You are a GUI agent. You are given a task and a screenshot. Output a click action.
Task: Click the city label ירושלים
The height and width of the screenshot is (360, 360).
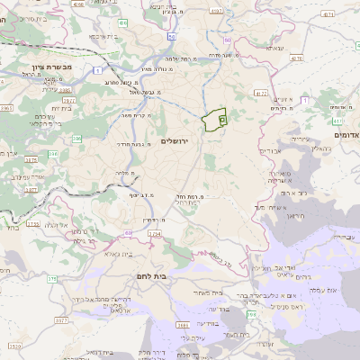[177, 141]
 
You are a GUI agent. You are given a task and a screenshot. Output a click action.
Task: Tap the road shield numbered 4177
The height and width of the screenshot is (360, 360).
[261, 93]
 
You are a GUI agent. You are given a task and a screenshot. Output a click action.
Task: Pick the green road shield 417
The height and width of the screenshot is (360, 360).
[338, 119]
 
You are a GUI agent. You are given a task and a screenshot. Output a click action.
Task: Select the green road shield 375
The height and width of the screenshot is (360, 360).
[52, 280]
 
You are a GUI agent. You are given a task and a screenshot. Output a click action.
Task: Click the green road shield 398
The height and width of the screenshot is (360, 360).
[251, 314]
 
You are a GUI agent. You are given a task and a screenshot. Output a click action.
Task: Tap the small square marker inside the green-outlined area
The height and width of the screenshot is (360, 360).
[222, 118]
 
